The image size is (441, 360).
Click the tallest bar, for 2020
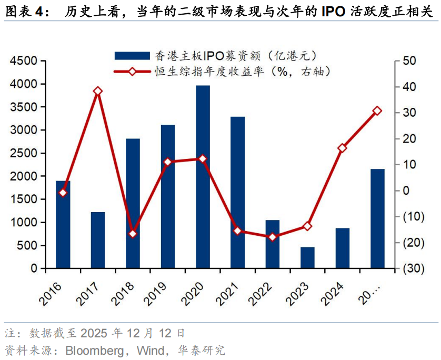(203, 176)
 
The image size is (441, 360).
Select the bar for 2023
(307, 257)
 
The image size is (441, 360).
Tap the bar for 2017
(98, 240)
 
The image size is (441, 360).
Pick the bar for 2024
(343, 248)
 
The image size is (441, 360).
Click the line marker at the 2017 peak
(98, 91)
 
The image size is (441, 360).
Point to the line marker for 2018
(133, 234)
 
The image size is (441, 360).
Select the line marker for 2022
(272, 237)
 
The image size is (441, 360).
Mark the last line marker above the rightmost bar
(377, 111)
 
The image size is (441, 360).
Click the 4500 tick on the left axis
(24, 61)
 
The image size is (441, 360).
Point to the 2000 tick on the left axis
(24, 176)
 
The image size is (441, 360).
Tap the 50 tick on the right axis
(409, 61)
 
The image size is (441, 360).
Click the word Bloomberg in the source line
(97, 350)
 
